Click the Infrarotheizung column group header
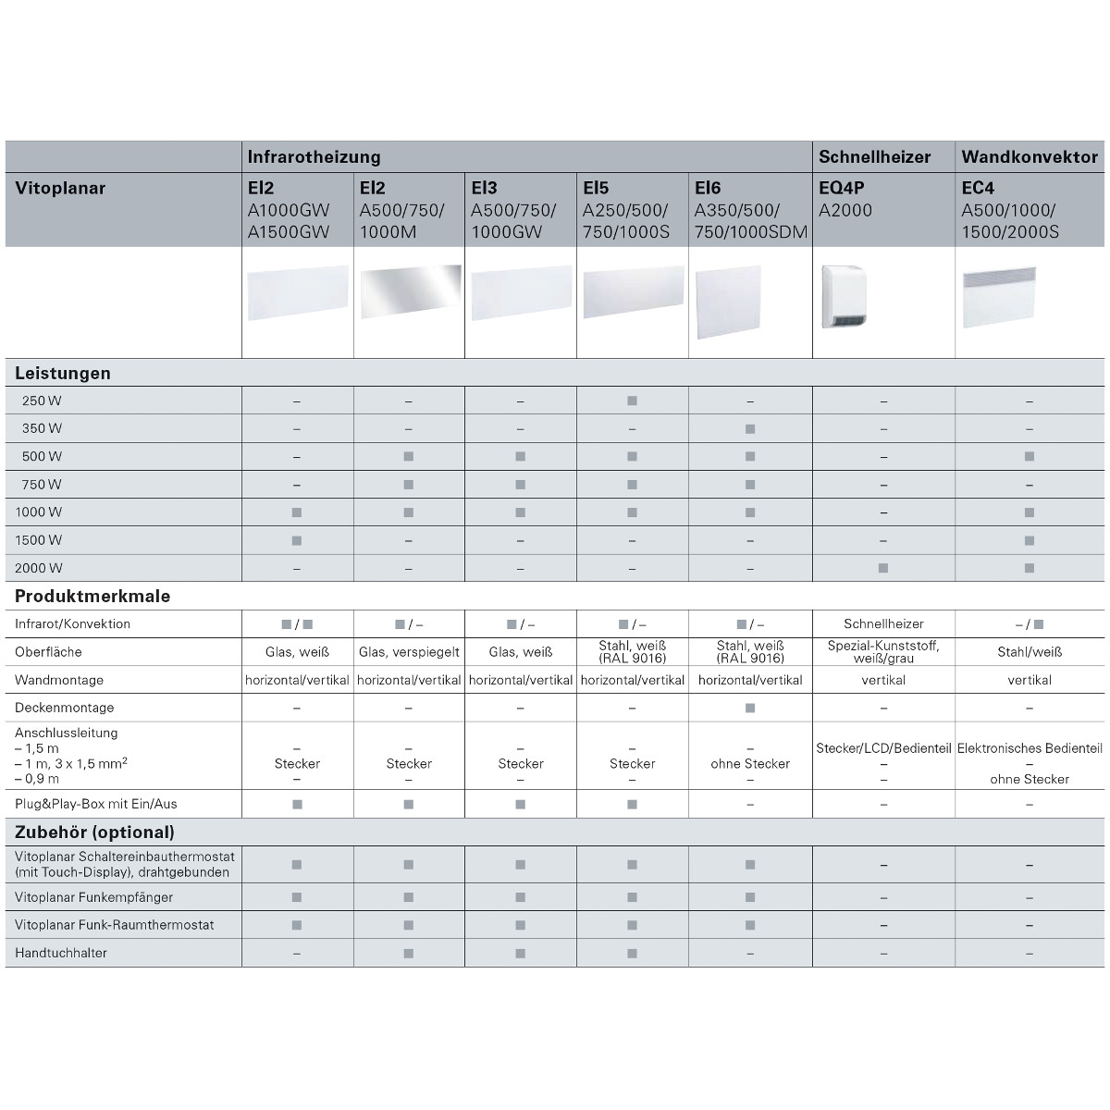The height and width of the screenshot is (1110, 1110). (314, 157)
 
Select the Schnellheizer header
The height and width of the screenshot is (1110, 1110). (874, 157)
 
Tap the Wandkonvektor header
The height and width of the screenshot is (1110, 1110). (1030, 157)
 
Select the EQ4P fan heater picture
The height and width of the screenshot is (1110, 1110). (846, 297)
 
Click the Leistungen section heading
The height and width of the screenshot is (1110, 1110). (63, 374)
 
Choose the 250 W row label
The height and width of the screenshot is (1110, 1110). (43, 401)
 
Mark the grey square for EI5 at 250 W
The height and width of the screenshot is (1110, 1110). (632, 401)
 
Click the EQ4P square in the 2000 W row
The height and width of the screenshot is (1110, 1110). (883, 568)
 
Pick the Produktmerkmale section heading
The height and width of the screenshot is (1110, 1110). (92, 597)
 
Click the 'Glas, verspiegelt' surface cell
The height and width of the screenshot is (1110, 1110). (409, 652)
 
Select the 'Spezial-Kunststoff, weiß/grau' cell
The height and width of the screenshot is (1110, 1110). (883, 651)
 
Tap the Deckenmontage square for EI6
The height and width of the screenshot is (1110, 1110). (750, 708)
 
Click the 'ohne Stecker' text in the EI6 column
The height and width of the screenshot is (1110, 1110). (750, 764)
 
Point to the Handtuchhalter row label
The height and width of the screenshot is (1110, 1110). (61, 953)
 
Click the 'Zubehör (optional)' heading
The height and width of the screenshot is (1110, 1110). (94, 832)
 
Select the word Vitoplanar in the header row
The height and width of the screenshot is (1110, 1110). (60, 189)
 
